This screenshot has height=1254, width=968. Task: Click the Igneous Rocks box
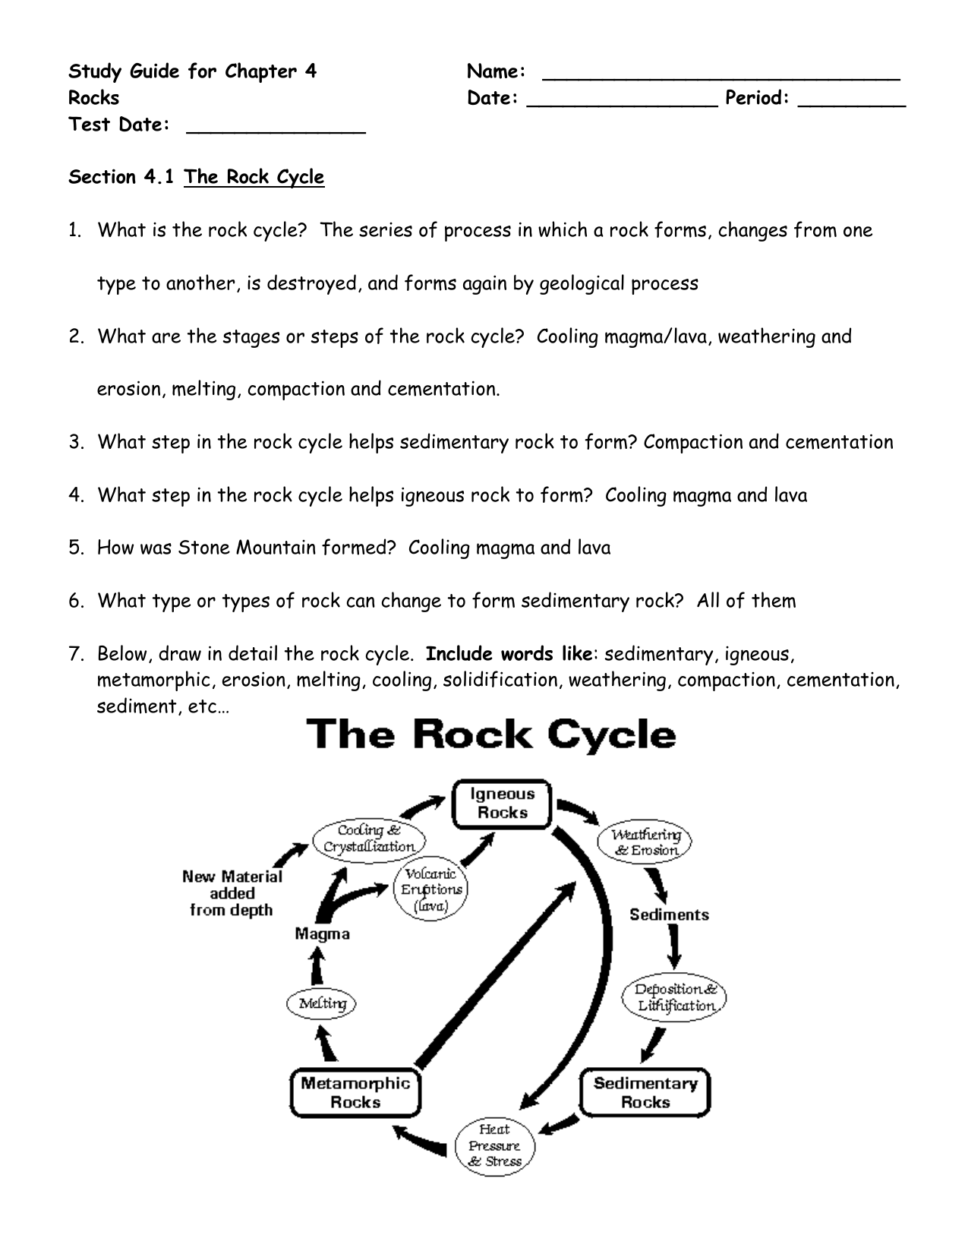(501, 804)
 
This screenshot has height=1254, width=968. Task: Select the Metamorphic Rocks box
(355, 1092)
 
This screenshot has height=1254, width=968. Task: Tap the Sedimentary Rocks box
(645, 1092)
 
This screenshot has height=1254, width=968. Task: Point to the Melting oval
(321, 1003)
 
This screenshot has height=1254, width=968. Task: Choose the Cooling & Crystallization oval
(369, 839)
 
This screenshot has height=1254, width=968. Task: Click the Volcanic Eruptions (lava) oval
(430, 889)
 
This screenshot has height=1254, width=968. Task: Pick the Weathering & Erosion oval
(645, 842)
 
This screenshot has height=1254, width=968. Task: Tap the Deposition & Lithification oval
(673, 997)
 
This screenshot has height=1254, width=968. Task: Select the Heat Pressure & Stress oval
(495, 1145)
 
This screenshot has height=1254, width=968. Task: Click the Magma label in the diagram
(322, 933)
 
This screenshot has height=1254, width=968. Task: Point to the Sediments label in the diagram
(669, 914)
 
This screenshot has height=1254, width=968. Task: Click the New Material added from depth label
(232, 892)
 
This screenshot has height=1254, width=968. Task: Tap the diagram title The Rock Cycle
(491, 735)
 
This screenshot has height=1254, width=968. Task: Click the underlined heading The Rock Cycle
(254, 177)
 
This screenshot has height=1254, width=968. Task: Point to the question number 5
(76, 548)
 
